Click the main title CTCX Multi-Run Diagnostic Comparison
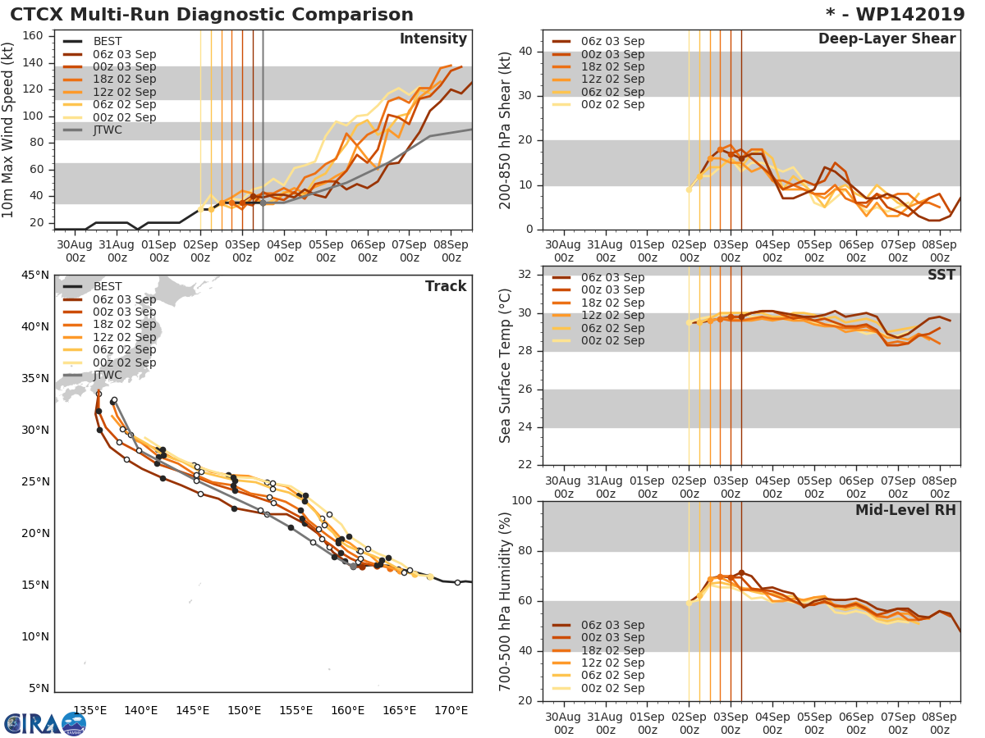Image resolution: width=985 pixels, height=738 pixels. [212, 15]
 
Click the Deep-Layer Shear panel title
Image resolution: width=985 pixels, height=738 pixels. [886, 39]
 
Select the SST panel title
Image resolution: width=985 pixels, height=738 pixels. [941, 275]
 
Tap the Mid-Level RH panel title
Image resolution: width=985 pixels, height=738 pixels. [905, 510]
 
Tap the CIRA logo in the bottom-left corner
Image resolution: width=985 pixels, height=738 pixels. [45, 722]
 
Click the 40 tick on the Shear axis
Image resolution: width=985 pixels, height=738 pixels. [526, 52]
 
